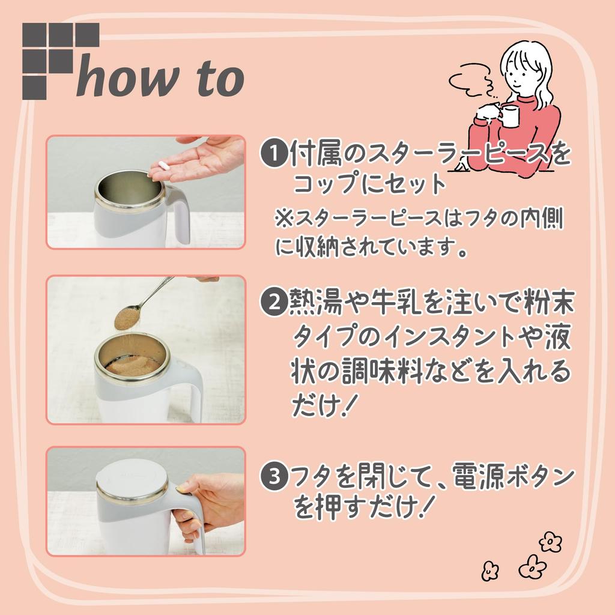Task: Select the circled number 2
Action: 274,302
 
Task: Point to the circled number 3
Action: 274,477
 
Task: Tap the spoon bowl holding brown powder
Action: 127,318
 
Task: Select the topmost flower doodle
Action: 550,542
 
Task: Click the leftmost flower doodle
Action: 490,571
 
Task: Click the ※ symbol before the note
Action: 283,219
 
